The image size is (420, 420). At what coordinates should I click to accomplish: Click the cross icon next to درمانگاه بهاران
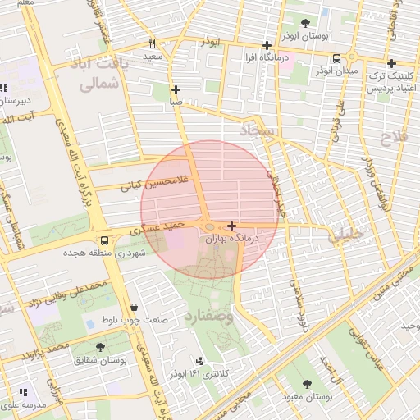tap(232, 226)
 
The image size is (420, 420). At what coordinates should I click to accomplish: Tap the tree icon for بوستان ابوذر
tap(306, 24)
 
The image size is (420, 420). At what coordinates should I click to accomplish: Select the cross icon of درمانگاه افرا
tap(267, 46)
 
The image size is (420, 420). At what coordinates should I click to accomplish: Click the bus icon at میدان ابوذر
tap(337, 58)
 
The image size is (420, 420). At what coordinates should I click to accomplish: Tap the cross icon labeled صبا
tap(176, 89)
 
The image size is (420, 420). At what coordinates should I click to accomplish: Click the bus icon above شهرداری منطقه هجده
tap(104, 240)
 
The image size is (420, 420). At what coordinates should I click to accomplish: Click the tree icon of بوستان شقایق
tap(100, 348)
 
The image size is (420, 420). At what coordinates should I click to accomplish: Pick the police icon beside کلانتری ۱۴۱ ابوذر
tap(199, 361)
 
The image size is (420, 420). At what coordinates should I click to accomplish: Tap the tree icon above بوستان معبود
tap(307, 384)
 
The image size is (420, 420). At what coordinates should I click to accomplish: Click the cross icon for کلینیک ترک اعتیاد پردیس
tap(391, 63)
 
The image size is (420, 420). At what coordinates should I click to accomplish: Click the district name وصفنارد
tap(210, 315)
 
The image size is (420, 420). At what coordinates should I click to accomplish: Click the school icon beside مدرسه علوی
tap(23, 393)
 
